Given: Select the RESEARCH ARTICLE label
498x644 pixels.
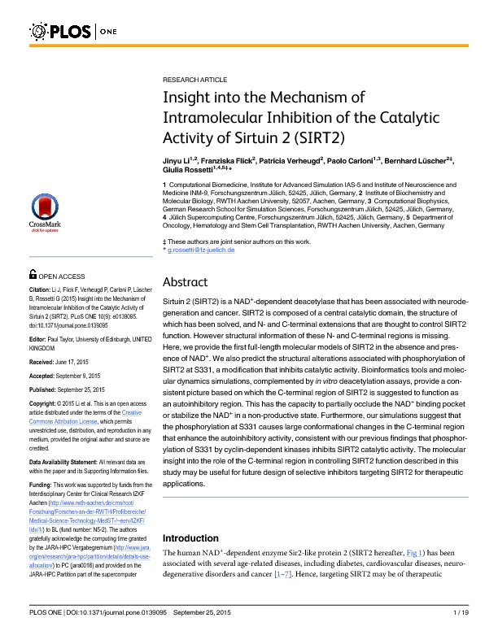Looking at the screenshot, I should tap(194, 81).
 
